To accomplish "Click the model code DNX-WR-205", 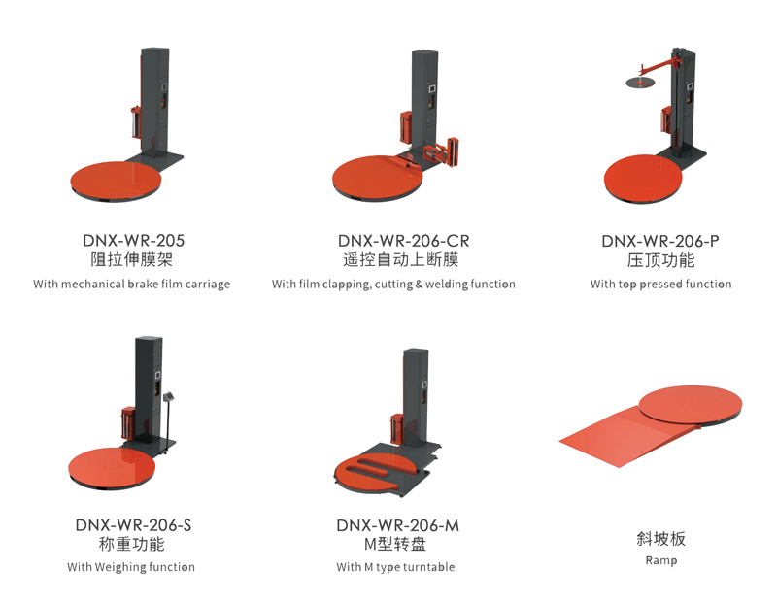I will [x=133, y=240].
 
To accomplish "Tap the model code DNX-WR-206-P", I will [x=660, y=240].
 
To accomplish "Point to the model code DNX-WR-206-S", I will [x=133, y=524].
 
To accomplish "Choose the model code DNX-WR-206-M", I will [x=397, y=524].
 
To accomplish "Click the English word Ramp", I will [x=660, y=560].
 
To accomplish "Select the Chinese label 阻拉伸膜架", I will [x=133, y=260].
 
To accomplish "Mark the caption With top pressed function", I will [x=660, y=285].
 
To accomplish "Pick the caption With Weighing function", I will [x=131, y=567].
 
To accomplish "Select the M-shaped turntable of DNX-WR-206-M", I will [x=374, y=471].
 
